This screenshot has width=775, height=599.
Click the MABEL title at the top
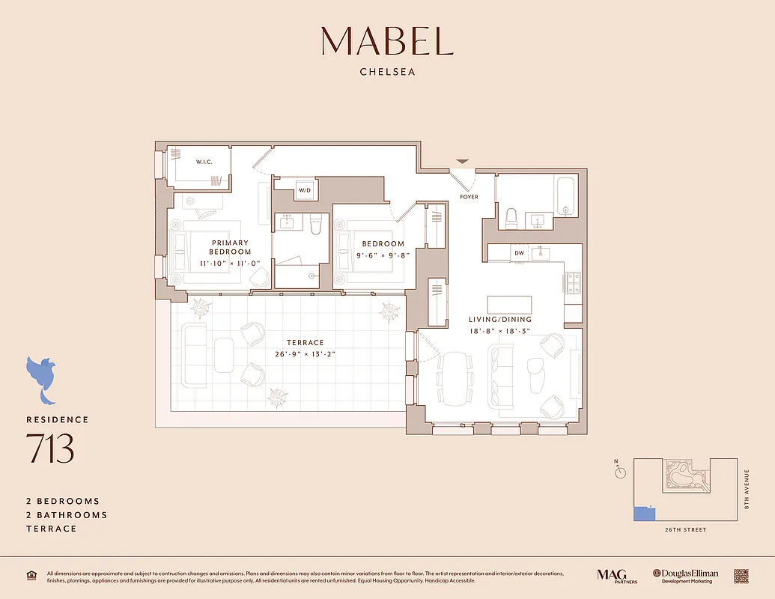point(387,41)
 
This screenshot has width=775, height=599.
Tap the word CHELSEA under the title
point(387,73)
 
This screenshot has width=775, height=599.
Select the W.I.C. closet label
point(205,162)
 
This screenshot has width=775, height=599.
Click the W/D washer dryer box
point(305,190)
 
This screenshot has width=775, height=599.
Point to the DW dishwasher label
point(519,253)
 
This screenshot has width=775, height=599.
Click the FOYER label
point(469,197)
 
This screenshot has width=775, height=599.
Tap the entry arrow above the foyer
point(463,161)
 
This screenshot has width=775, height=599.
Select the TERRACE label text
point(306,343)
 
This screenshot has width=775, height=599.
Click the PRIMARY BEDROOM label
point(230,247)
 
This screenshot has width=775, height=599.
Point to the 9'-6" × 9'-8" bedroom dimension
point(383,255)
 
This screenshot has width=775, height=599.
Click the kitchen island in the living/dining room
point(509,305)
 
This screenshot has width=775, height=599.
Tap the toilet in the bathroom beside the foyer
point(512,218)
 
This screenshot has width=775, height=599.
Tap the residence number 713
point(50,449)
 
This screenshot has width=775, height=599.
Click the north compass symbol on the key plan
point(619,472)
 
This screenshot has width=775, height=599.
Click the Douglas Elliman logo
point(685,576)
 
